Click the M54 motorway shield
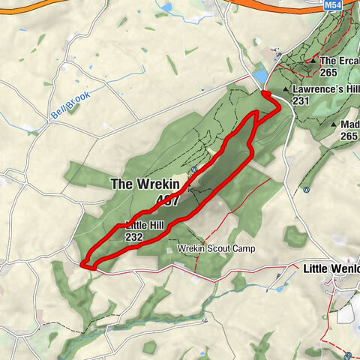pos(334,4)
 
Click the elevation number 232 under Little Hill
pos(134,237)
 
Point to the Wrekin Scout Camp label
pos(217,248)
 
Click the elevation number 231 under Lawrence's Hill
pos(302,100)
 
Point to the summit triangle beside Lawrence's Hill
pos(286,88)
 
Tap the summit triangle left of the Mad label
pos(334,124)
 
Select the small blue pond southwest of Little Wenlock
pos(280,288)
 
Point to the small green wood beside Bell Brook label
pos(74,107)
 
